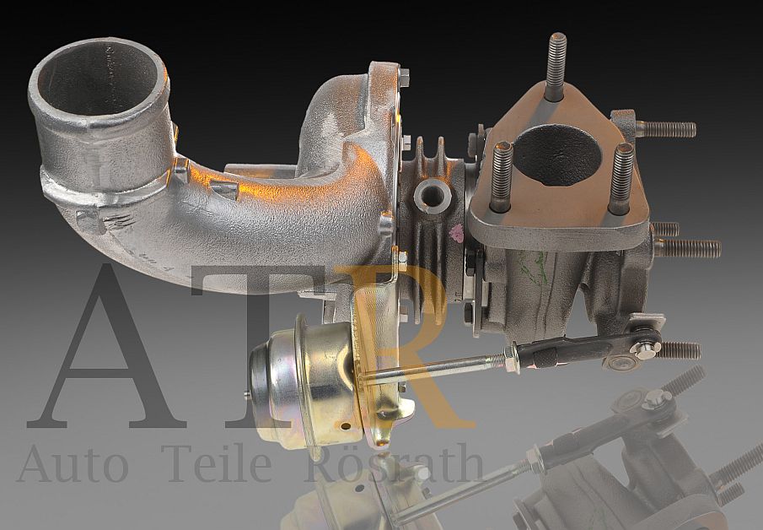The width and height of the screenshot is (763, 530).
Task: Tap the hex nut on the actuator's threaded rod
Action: click(x=509, y=360)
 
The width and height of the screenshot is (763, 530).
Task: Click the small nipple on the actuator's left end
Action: click(x=247, y=393)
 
